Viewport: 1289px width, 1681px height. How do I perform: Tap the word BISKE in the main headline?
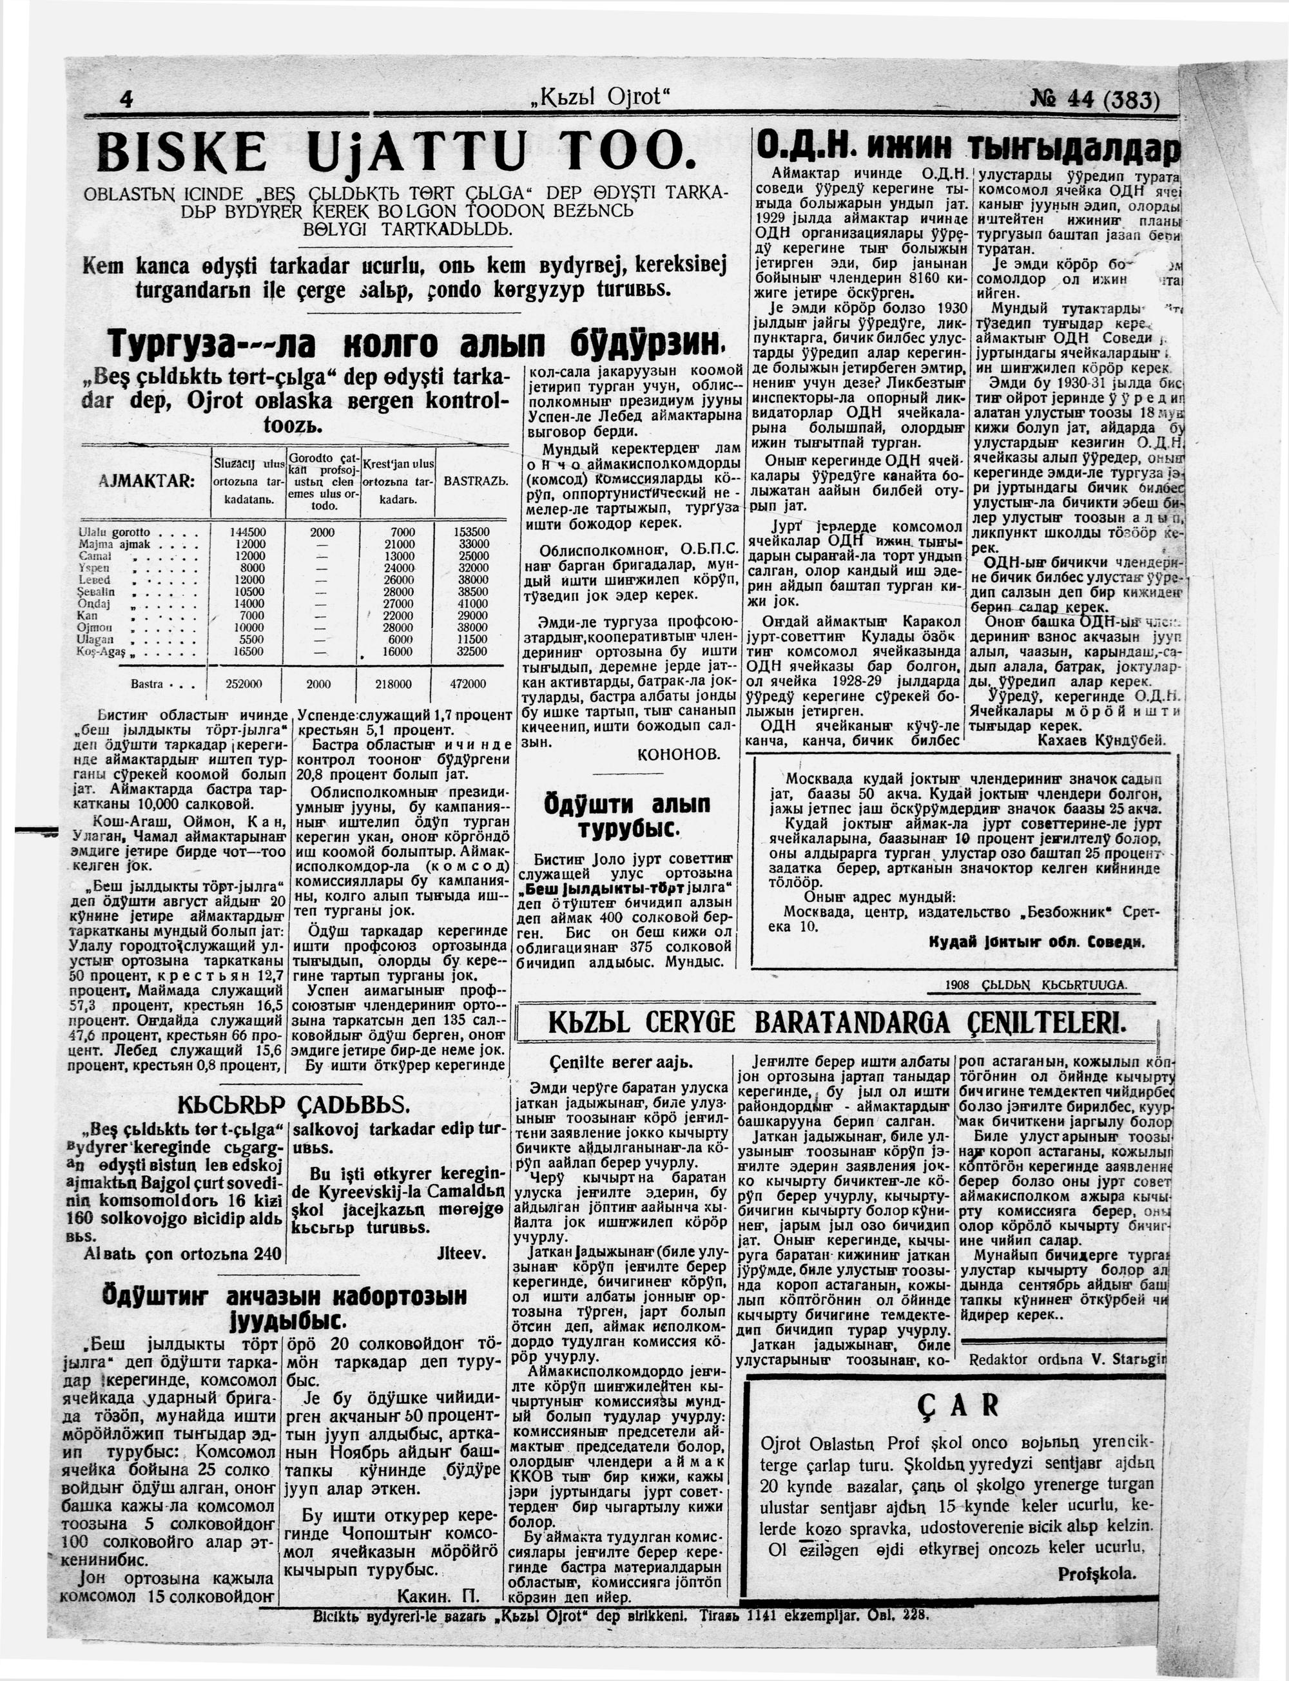pyautogui.click(x=182, y=152)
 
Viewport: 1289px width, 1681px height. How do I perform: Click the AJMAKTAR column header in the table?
pyautogui.click(x=146, y=481)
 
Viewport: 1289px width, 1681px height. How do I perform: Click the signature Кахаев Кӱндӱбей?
pyautogui.click(x=1101, y=740)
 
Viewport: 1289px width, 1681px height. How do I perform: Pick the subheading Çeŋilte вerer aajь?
pyautogui.click(x=621, y=1062)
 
